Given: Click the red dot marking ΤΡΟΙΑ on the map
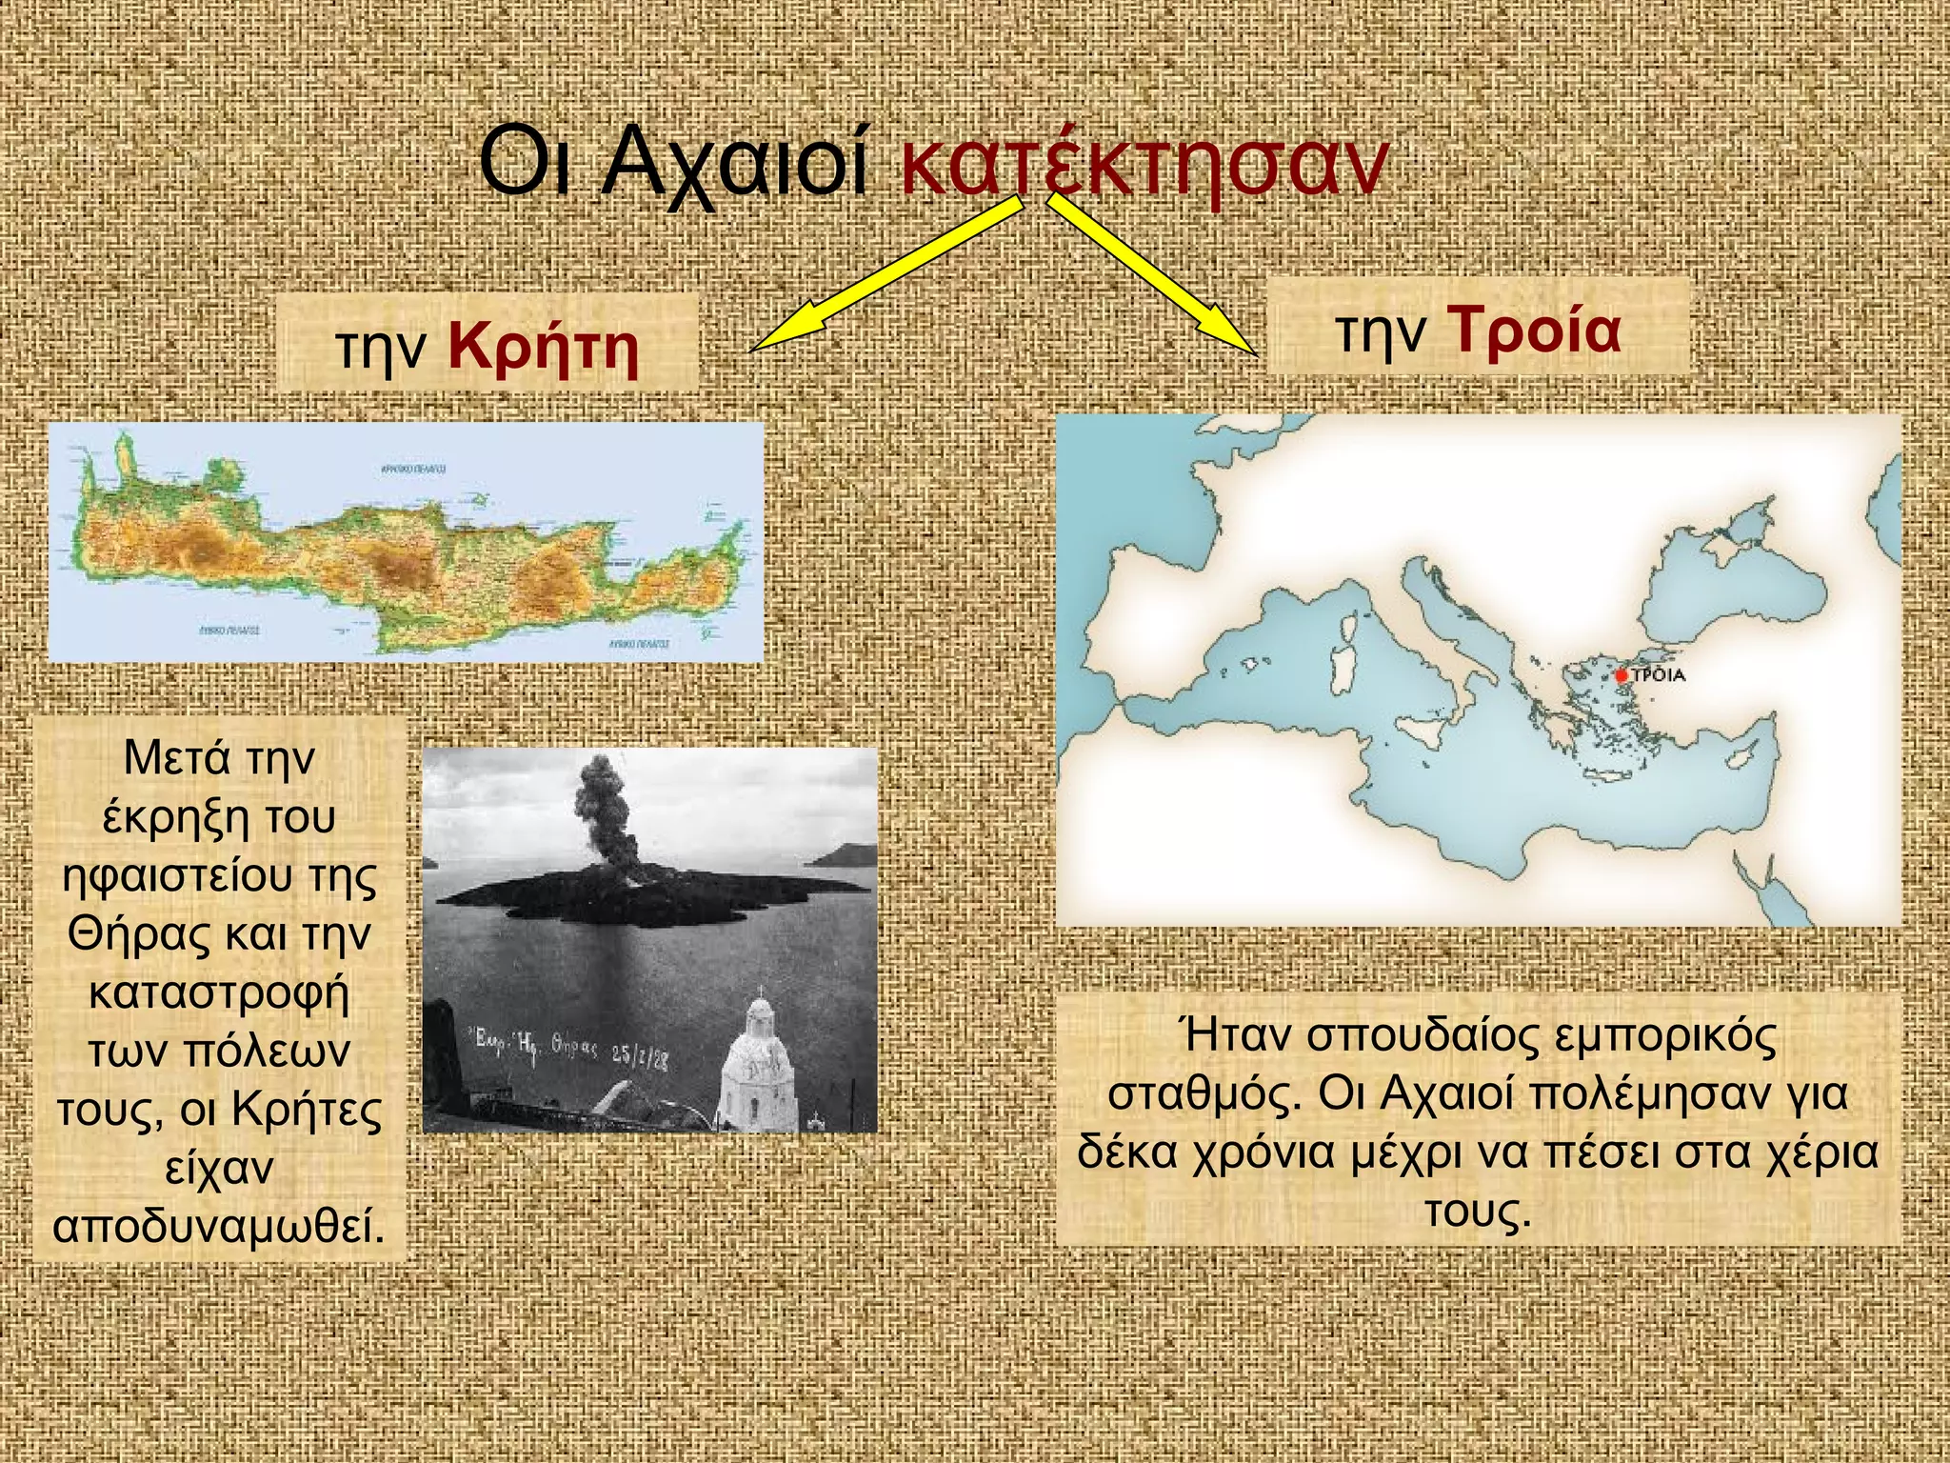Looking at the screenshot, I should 1622,675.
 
